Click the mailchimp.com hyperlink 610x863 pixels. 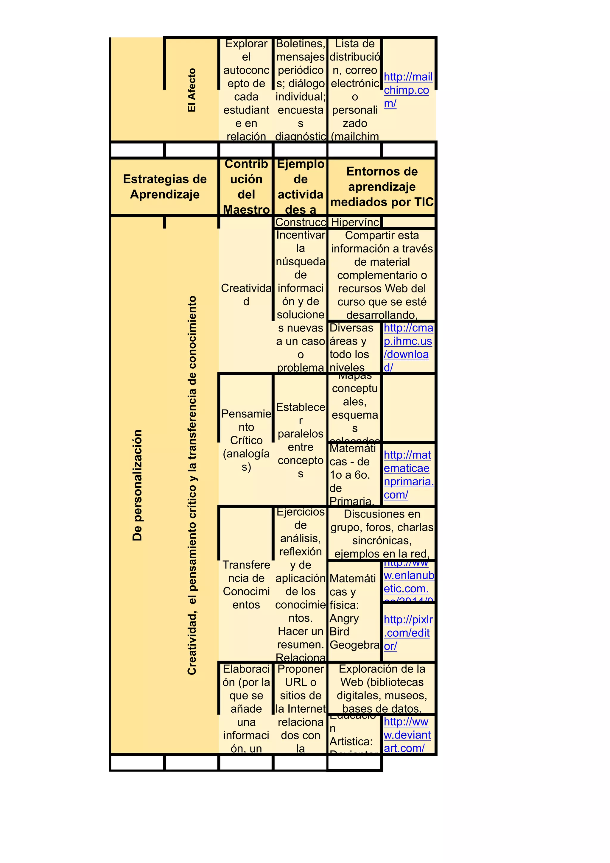(x=407, y=90)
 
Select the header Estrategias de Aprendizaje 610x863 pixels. (x=165, y=187)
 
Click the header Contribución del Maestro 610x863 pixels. (x=246, y=187)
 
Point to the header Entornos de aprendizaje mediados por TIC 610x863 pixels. (x=382, y=187)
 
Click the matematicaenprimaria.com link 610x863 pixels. (x=408, y=475)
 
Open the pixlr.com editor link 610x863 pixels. (x=408, y=633)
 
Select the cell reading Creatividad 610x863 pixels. (x=246, y=295)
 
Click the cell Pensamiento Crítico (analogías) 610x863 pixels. (x=246, y=440)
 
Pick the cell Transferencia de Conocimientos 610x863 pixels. (x=246, y=585)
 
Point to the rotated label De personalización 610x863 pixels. (x=138, y=485)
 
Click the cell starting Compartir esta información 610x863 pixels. (x=382, y=275)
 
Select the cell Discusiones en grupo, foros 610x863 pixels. (x=382, y=533)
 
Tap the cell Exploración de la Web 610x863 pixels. (x=382, y=688)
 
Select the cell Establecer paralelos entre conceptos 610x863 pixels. (x=300, y=440)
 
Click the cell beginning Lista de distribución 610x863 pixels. (x=355, y=90)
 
